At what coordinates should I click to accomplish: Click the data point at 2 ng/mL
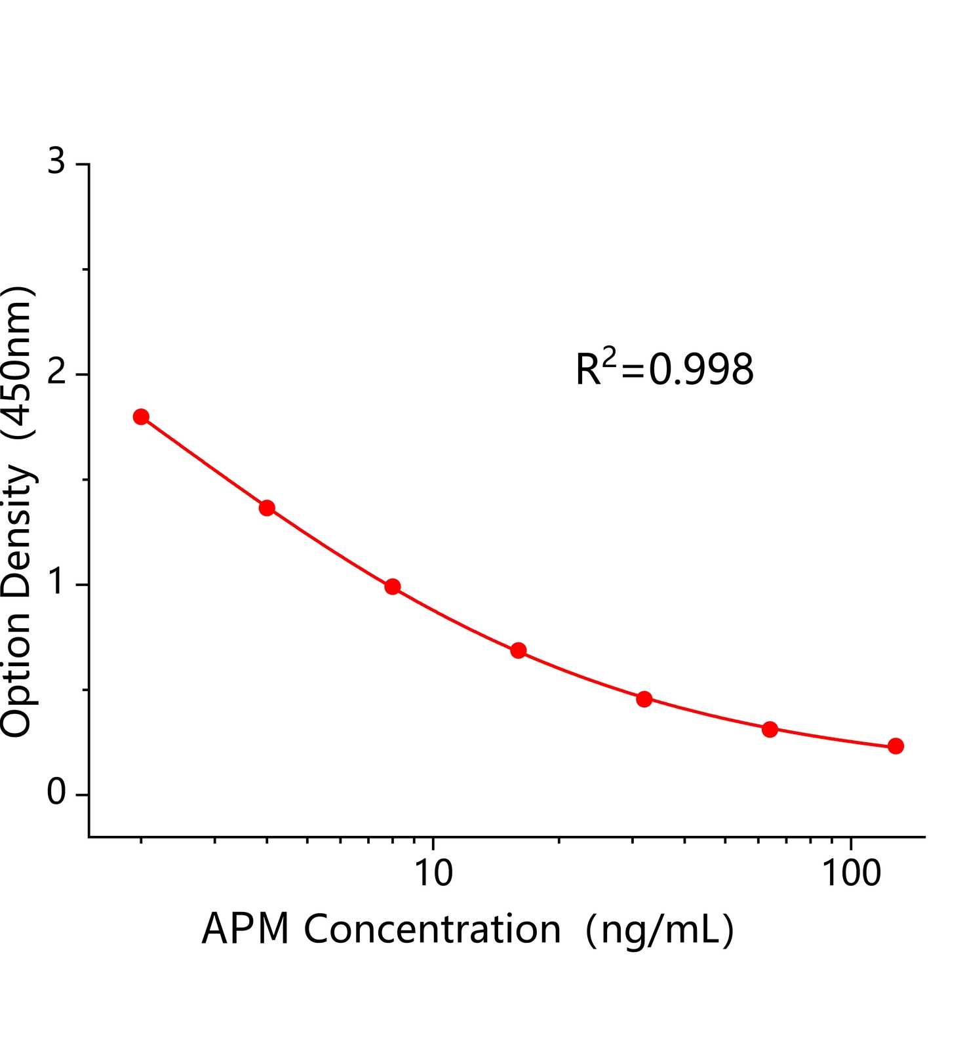coord(141,417)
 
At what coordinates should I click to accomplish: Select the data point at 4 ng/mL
coord(267,508)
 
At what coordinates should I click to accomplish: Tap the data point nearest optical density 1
coord(393,586)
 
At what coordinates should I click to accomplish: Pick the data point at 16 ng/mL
coord(519,650)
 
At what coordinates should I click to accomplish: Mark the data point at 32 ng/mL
coord(644,699)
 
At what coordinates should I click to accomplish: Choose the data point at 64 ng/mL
coord(770,729)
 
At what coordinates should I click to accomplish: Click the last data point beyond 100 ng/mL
coord(896,746)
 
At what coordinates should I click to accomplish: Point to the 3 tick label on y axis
coord(57,161)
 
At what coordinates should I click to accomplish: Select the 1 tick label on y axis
coord(58,583)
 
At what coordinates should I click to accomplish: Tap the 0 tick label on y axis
coord(57,793)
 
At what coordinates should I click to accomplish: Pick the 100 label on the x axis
coord(851,873)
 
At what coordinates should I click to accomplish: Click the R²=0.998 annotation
coord(664,368)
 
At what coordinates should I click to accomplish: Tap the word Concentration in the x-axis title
coord(433,929)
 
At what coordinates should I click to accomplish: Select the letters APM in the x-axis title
coord(246,929)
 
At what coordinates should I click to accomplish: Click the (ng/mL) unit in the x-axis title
coord(660,930)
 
